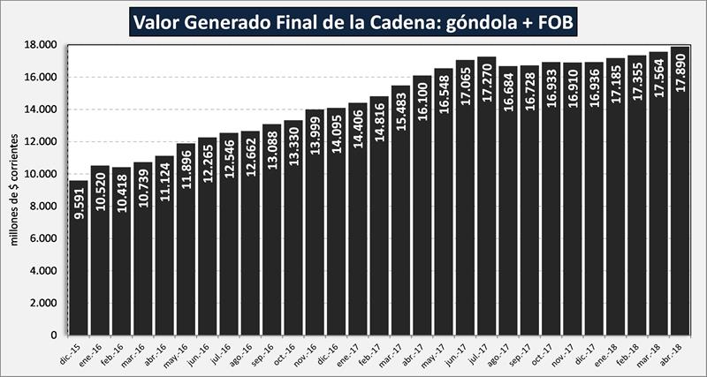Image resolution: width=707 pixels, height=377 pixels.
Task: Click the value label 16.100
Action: [x=422, y=107]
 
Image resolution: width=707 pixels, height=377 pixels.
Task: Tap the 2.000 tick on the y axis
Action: [x=42, y=303]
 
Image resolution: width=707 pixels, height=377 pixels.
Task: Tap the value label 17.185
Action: [x=616, y=87]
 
